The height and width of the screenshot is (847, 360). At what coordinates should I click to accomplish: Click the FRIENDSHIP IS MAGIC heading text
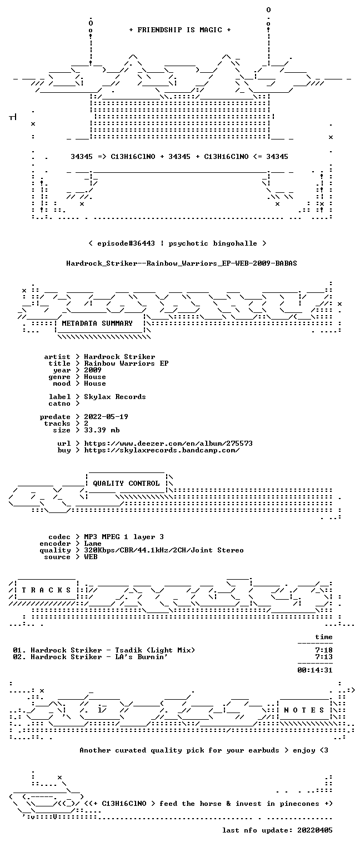(179, 30)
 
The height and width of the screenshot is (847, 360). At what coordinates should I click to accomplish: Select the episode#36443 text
(126, 243)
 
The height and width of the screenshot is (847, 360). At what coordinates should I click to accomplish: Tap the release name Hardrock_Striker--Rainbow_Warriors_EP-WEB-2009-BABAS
(182, 263)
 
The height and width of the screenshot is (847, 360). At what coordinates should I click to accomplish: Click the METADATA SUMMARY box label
(97, 323)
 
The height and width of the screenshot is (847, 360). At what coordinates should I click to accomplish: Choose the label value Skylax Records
(115, 397)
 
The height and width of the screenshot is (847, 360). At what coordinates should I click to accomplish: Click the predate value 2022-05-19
(106, 417)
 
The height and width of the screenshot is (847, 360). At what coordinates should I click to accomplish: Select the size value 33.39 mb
(102, 430)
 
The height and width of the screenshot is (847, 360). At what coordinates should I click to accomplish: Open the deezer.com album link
(168, 443)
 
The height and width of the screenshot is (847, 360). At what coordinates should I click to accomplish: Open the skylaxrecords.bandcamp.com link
(162, 450)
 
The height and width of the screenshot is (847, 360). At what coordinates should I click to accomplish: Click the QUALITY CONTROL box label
(126, 483)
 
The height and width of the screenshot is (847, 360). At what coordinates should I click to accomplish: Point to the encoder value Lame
(93, 544)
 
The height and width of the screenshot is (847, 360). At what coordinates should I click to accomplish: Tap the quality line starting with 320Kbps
(164, 550)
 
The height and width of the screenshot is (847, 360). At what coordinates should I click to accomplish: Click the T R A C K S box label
(46, 590)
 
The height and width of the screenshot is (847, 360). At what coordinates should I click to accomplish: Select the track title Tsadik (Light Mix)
(155, 650)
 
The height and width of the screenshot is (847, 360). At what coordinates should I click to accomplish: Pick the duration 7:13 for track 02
(324, 657)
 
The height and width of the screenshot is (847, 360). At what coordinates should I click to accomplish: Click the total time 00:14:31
(315, 670)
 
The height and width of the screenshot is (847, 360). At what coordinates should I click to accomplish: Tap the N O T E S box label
(304, 710)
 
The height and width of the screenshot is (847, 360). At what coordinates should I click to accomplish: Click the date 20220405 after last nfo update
(315, 830)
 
